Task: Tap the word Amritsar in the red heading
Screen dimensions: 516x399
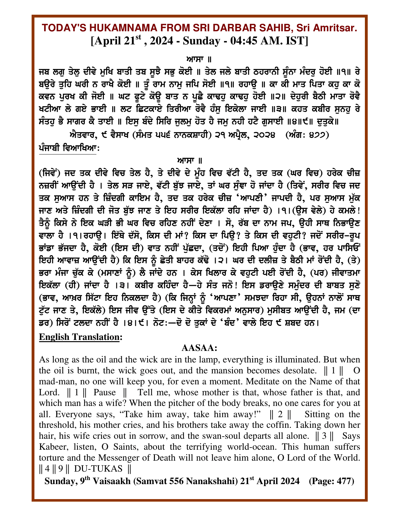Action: point(336,28)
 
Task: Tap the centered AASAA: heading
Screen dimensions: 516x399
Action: point(199,348)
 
